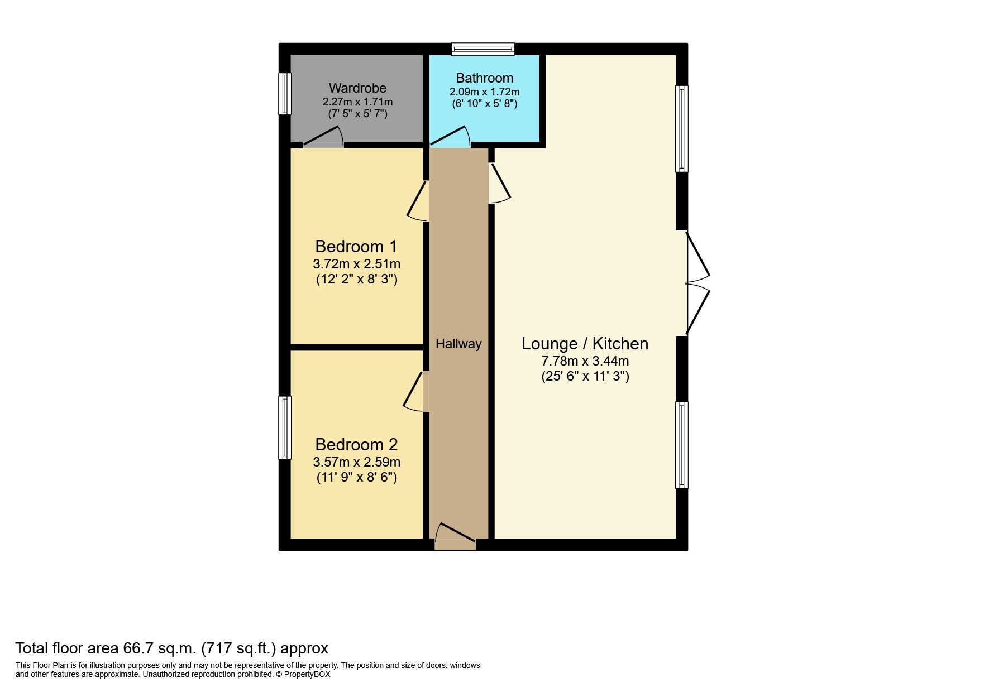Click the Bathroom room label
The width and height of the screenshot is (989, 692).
tap(484, 78)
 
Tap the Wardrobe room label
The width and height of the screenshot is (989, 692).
tap(357, 88)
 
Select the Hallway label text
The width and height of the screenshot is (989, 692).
tap(458, 344)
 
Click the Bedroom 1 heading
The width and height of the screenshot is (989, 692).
tap(356, 246)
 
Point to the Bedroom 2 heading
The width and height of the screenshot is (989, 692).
tap(356, 444)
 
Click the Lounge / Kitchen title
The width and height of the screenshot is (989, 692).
tap(585, 343)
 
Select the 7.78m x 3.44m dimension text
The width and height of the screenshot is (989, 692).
tap(585, 361)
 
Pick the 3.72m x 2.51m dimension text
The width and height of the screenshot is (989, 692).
tap(356, 264)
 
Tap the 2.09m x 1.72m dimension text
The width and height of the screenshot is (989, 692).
tap(484, 92)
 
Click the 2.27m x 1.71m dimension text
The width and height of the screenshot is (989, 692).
tap(357, 102)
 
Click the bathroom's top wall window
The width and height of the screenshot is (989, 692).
tap(483, 49)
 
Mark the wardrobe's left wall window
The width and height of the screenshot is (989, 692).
tap(285, 93)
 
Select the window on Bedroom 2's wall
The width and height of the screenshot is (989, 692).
tap(285, 427)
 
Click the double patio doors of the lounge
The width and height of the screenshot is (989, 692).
tap(697, 283)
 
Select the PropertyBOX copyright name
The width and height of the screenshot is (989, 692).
tap(307, 674)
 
